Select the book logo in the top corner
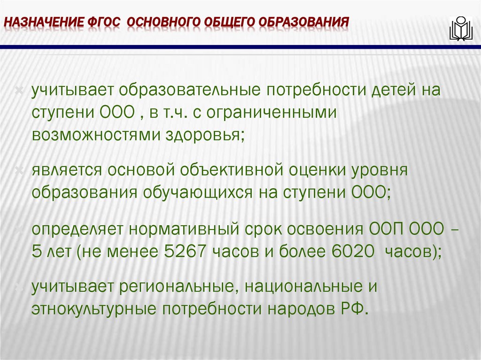[x=461, y=29]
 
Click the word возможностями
[x=94, y=135]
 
